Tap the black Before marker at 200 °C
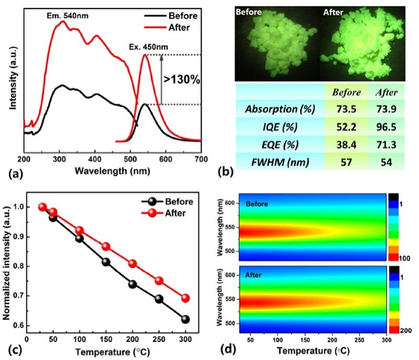click(133, 284)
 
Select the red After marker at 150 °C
click(106, 247)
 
